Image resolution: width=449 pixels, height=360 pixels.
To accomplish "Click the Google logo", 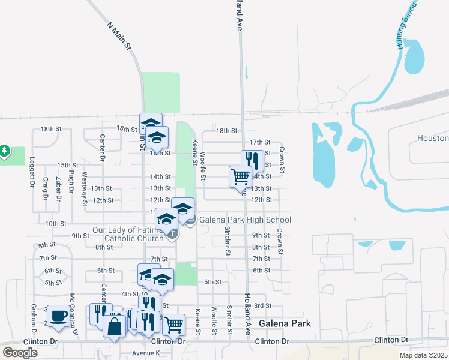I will [20, 353].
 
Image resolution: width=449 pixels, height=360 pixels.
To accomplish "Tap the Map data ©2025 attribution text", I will [423, 355].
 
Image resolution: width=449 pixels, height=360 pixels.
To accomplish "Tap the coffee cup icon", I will [58, 316].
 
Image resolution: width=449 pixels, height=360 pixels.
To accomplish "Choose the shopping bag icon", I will [114, 327].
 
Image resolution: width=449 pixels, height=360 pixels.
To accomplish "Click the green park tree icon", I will [5, 151].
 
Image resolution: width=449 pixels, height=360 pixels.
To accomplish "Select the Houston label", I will [432, 139].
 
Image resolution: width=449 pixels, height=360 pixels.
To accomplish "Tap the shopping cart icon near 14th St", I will [240, 176].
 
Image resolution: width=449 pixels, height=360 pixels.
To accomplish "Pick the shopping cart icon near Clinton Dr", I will [173, 325].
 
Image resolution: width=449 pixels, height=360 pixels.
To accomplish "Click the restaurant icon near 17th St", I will [252, 160].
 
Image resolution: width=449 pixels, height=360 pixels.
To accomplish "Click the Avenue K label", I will [147, 353].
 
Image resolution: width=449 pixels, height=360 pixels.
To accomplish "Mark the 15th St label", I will [68, 165].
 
